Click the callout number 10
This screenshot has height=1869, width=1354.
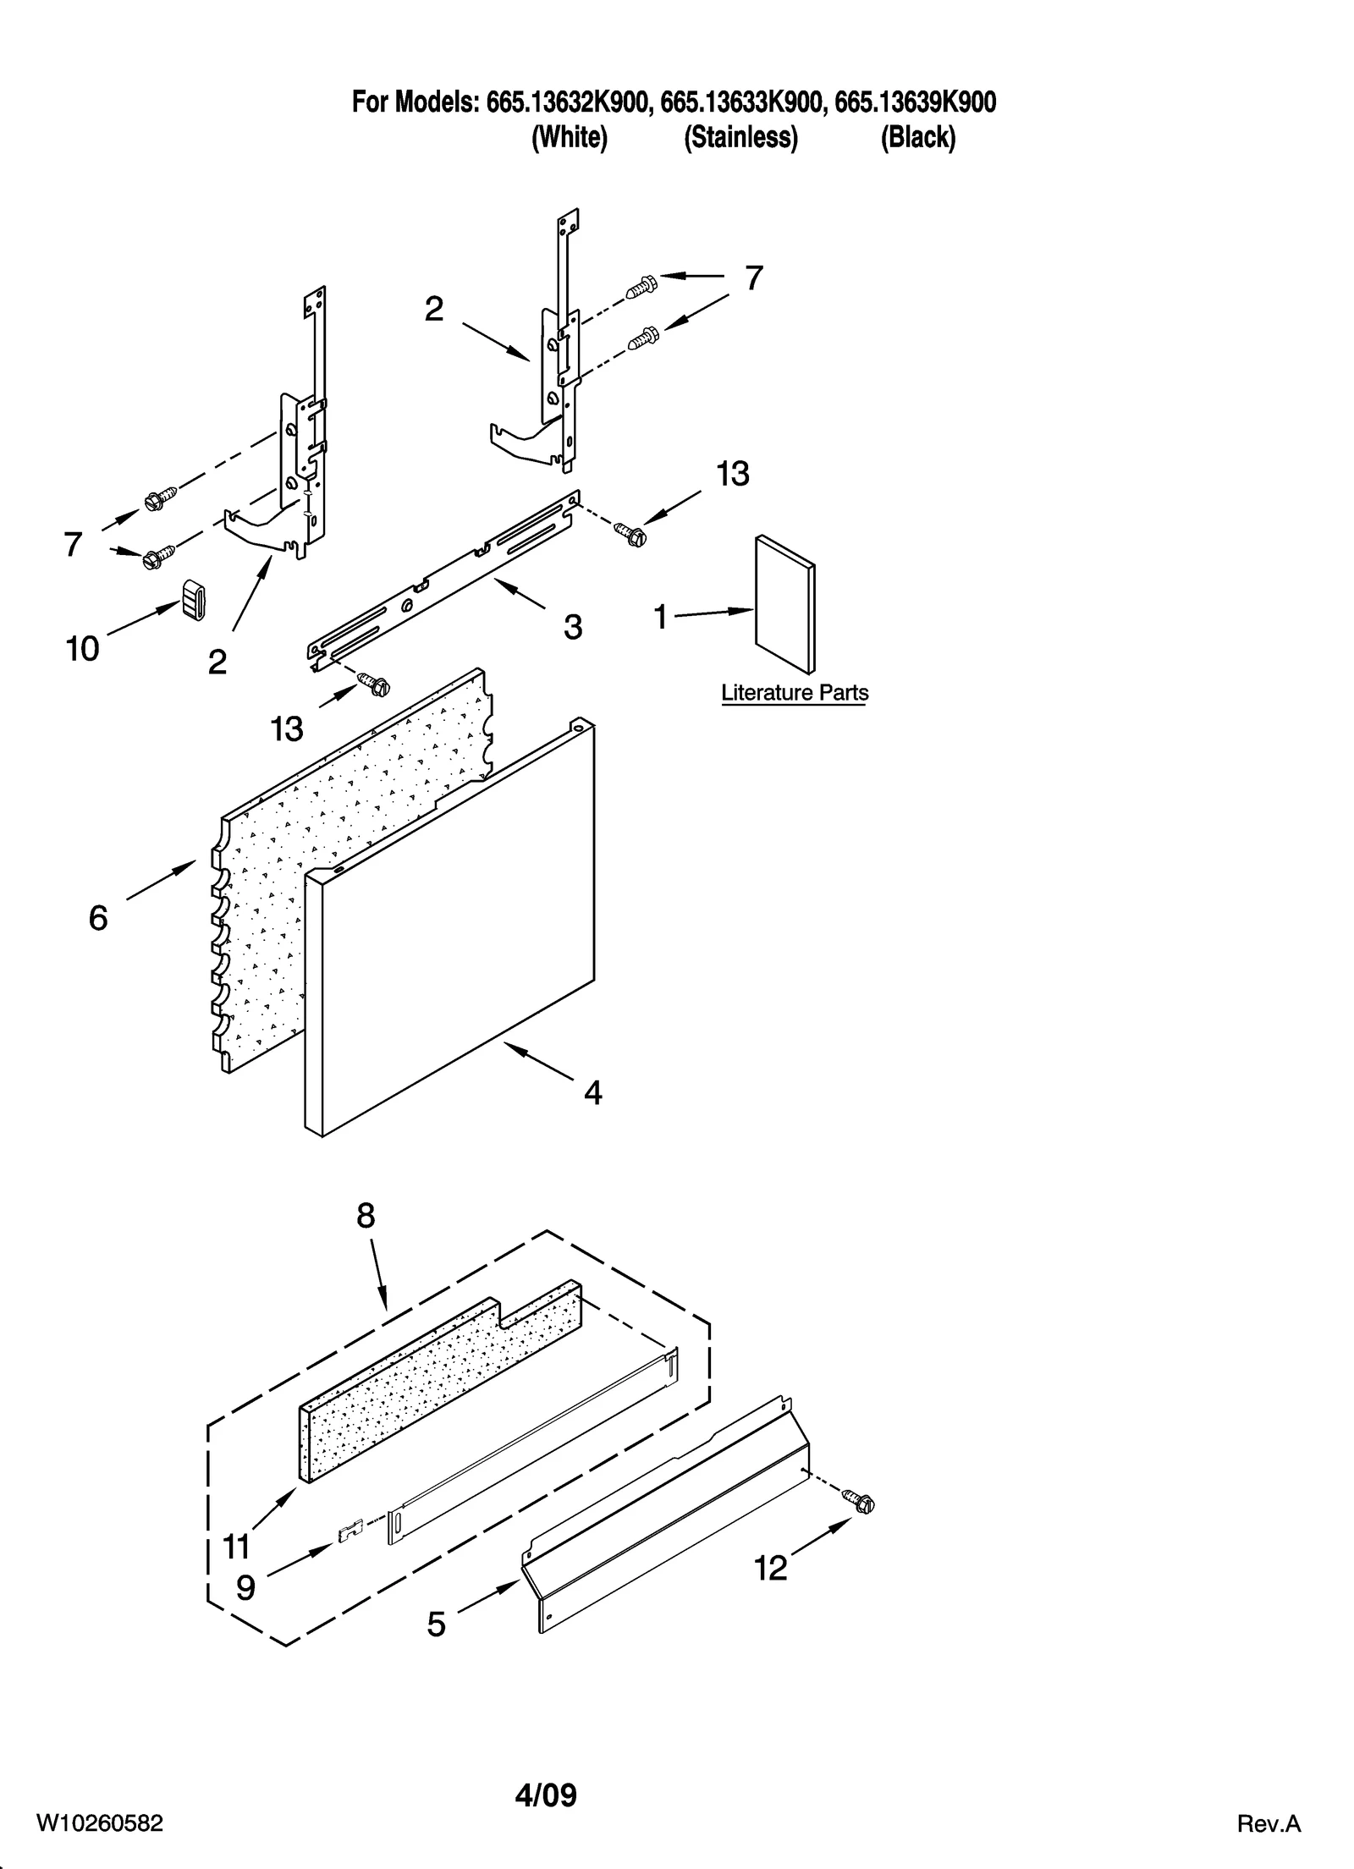tap(82, 649)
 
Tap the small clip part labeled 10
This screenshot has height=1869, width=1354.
tap(194, 600)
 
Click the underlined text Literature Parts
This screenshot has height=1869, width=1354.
tap(794, 693)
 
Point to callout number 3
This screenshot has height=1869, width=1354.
tap(572, 628)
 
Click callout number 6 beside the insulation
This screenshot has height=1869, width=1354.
tap(98, 918)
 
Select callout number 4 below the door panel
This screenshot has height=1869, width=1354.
tap(592, 1093)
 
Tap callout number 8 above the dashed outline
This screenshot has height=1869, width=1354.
tap(365, 1217)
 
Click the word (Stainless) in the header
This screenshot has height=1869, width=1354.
tap(740, 137)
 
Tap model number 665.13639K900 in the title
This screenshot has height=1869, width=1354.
tap(915, 102)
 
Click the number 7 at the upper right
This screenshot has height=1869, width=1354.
tap(753, 278)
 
